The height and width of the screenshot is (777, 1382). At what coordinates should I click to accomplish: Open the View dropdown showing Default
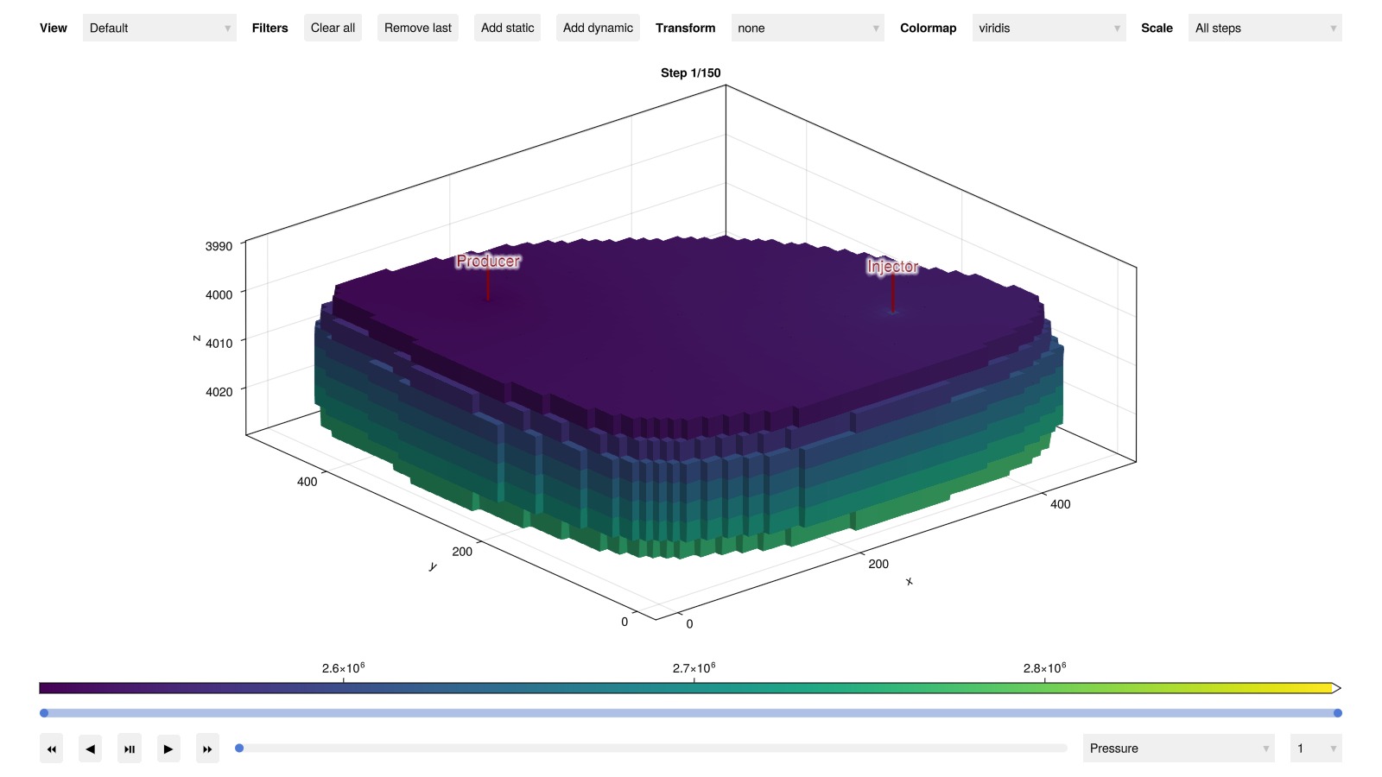159,28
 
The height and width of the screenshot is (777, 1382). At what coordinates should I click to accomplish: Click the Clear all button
333,28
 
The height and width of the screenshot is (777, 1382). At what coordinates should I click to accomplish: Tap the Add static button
507,28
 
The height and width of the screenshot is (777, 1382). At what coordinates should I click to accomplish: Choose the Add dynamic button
597,28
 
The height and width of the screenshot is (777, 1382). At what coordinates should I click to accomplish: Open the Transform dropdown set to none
808,28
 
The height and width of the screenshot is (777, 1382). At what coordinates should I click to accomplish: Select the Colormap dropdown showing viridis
1049,28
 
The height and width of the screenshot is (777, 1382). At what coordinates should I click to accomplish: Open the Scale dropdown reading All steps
1265,28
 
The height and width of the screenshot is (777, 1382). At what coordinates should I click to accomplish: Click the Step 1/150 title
690,73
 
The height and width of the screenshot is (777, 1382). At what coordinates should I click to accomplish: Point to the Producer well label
488,262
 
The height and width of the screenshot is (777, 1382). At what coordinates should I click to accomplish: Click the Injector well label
892,267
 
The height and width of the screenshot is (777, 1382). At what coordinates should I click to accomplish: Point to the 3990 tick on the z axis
219,246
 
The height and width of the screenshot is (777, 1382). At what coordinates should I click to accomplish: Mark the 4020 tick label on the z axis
219,392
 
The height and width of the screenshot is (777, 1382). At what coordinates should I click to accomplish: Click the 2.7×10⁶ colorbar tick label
694,668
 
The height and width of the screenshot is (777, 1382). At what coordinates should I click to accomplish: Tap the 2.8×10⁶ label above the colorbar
1044,668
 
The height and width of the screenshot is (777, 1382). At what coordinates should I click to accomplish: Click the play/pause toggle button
129,749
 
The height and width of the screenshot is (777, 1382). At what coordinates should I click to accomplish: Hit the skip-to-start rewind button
51,749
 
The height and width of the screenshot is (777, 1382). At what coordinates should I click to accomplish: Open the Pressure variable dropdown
1178,748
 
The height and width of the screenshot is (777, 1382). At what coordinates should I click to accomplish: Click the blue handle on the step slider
239,748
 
